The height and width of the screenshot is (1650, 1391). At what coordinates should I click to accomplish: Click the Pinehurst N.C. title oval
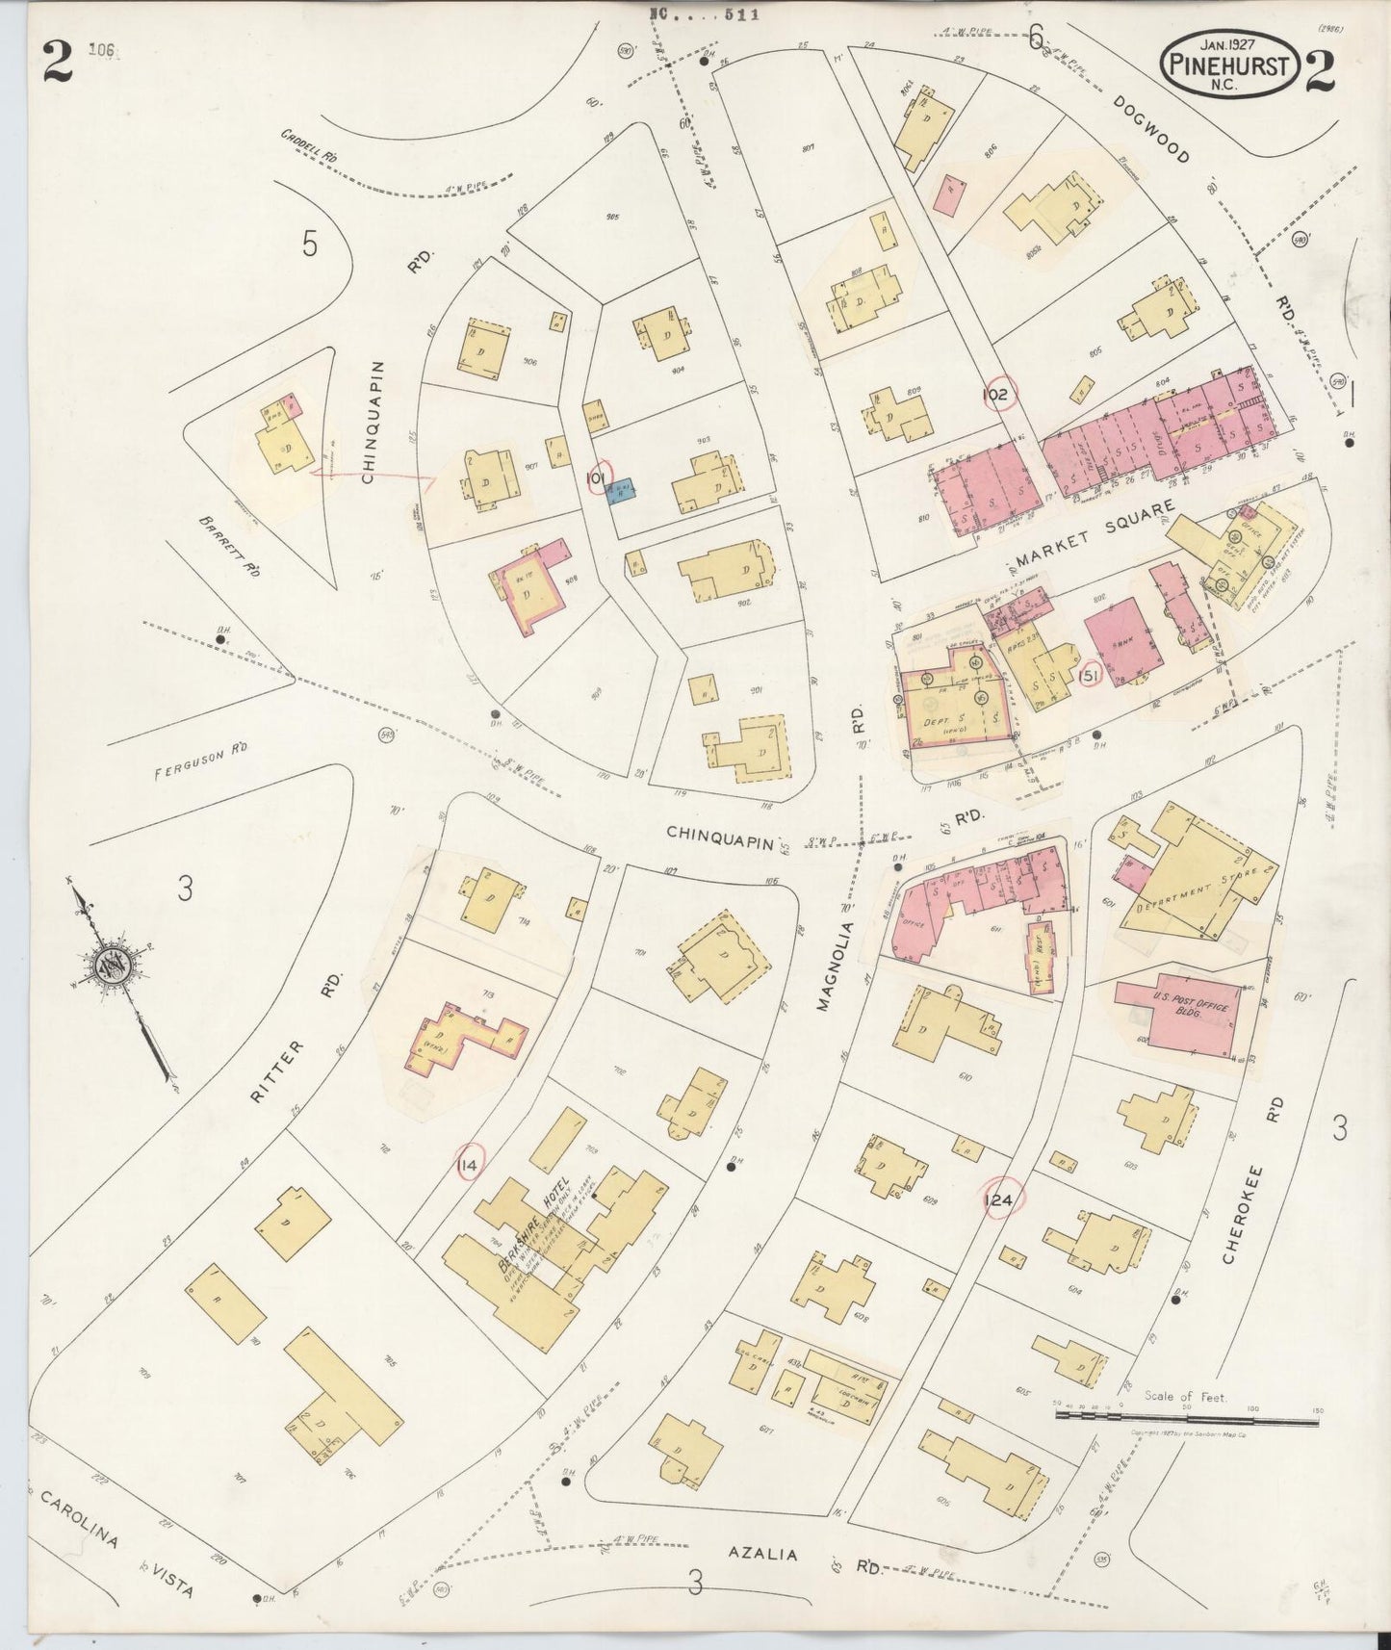(1229, 63)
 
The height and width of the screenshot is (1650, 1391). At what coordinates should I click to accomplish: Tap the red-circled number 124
(999, 1199)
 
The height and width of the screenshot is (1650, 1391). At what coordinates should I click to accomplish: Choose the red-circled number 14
(468, 1166)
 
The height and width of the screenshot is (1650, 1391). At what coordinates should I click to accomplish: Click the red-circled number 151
(1090, 677)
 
